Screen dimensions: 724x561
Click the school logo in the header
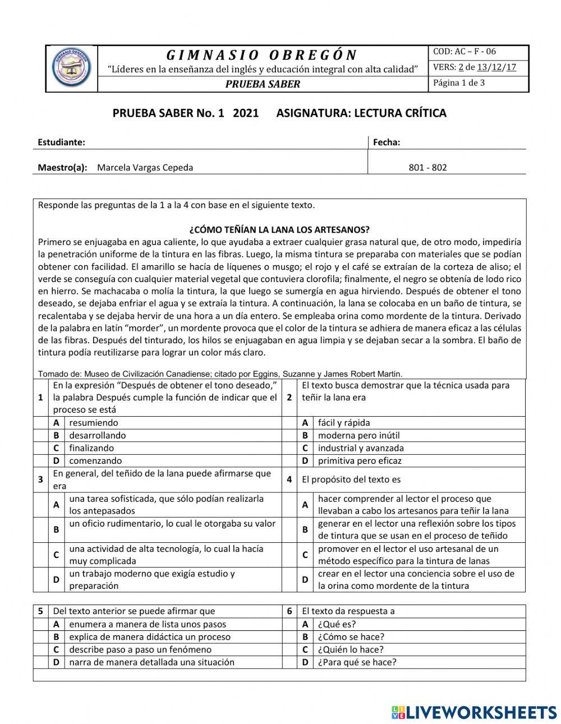pyautogui.click(x=71, y=69)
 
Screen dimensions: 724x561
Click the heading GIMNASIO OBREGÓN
pyautogui.click(x=262, y=55)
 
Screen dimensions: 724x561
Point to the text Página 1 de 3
pyautogui.click(x=459, y=83)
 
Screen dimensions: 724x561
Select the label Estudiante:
pyautogui.click(x=61, y=142)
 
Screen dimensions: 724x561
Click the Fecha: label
pyautogui.click(x=387, y=142)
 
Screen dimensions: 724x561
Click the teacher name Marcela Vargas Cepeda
pyautogui.click(x=145, y=168)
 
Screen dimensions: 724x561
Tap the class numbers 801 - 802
pyautogui.click(x=428, y=168)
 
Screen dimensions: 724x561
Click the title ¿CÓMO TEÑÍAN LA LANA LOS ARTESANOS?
pyautogui.click(x=279, y=230)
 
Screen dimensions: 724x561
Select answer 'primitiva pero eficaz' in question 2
pyautogui.click(x=360, y=461)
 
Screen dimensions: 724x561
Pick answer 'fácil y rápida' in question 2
pyautogui.click(x=344, y=423)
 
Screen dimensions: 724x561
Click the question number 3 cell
pyautogui.click(x=41, y=479)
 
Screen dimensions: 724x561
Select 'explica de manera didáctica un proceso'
pyautogui.click(x=150, y=637)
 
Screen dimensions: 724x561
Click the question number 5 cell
pyautogui.click(x=41, y=611)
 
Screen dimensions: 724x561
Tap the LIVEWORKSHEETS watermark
pyautogui.click(x=474, y=712)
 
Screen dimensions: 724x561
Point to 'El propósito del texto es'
pyautogui.click(x=351, y=479)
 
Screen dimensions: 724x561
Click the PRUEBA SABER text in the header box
pyautogui.click(x=263, y=84)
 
